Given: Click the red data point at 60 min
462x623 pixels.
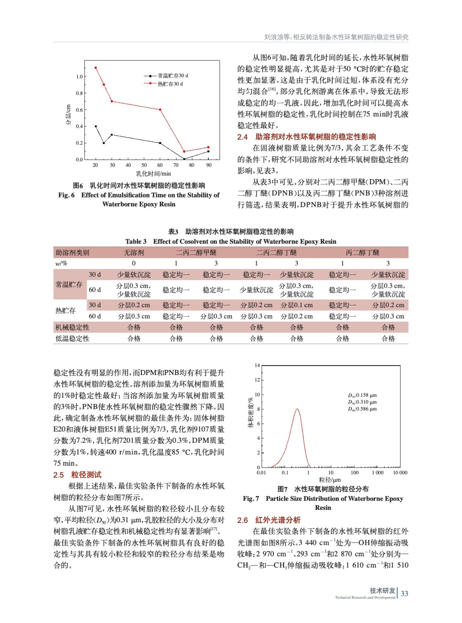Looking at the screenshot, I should point(160,110).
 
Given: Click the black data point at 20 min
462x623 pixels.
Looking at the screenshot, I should point(96,127).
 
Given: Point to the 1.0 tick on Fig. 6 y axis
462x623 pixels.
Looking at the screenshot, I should point(79,77).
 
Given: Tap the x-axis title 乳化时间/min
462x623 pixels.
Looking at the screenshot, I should point(153,174).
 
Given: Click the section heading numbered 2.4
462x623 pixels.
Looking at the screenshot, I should point(307,137).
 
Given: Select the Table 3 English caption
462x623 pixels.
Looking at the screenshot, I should point(230,241).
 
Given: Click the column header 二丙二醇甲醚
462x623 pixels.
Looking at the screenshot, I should point(196,253).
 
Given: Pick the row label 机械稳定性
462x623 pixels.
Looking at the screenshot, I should point(72,327).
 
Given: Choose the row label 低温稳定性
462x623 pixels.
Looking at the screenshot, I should point(72,339).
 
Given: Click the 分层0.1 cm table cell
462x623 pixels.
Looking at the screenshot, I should point(297,305).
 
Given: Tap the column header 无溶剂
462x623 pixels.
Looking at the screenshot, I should point(134,253).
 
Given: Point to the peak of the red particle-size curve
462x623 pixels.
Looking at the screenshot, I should point(297,409).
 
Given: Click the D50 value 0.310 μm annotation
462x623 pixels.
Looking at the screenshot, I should point(362,402).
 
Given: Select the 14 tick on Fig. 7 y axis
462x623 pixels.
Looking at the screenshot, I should point(257,366).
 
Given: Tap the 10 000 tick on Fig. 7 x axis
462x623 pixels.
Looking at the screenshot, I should point(400,473).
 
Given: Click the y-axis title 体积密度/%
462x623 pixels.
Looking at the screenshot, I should point(251,413).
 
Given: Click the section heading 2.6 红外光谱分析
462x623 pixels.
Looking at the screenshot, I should point(269,520).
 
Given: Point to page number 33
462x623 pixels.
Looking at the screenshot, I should point(404,594).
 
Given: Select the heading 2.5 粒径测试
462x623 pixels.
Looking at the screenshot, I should point(77,475).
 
